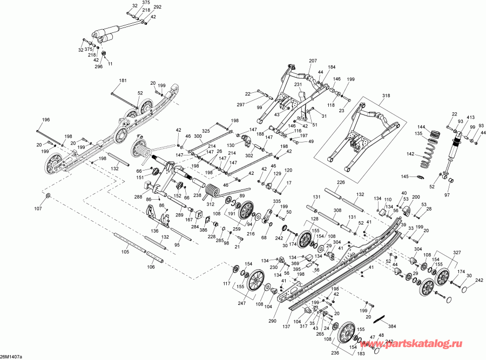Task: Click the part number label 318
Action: click(386, 96)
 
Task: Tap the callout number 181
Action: click(123, 81)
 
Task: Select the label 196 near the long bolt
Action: click(46, 120)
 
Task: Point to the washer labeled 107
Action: click(48, 196)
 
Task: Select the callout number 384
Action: click(392, 326)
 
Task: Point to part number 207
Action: click(313, 61)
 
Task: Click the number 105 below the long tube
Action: click(125, 252)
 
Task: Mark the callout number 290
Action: click(272, 321)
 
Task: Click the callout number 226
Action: click(341, 182)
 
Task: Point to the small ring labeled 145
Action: click(419, 177)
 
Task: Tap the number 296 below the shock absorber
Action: click(99, 66)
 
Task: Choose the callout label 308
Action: click(337, 210)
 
